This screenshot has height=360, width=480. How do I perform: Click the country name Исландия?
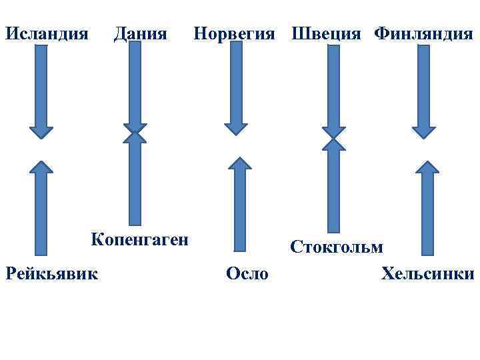[47, 33]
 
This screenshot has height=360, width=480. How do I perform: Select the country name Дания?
[140, 33]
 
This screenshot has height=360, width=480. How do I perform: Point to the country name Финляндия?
[423, 33]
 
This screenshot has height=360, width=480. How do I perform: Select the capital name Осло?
[247, 273]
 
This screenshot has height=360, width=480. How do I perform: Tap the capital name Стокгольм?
[336, 247]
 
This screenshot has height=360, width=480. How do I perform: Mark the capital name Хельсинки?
[427, 273]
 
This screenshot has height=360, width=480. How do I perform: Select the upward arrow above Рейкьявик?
[41, 207]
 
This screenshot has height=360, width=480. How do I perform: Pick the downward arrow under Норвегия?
[235, 90]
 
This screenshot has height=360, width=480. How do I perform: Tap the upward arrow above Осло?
[240, 207]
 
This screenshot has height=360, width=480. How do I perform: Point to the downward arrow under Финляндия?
[423, 90]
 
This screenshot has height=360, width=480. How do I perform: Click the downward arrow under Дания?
[135, 87]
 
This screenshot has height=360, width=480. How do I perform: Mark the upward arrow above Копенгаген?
[135, 180]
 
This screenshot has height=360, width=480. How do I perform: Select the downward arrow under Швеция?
[334, 90]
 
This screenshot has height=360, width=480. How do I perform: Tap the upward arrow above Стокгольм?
[334, 187]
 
